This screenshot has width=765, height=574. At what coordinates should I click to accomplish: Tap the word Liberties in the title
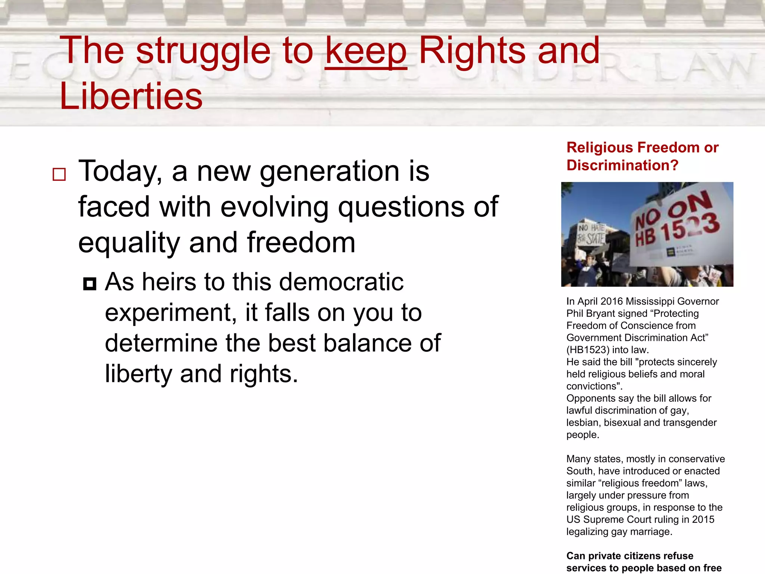click(x=131, y=96)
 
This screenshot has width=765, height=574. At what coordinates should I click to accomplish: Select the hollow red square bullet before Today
click(x=59, y=175)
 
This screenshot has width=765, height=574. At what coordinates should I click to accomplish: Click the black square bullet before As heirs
click(x=90, y=284)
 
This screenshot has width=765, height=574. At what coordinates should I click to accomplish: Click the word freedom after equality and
click(x=301, y=243)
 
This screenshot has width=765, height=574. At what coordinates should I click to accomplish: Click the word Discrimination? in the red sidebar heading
click(x=622, y=165)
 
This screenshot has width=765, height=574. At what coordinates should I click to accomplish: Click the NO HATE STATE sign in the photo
click(x=592, y=234)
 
